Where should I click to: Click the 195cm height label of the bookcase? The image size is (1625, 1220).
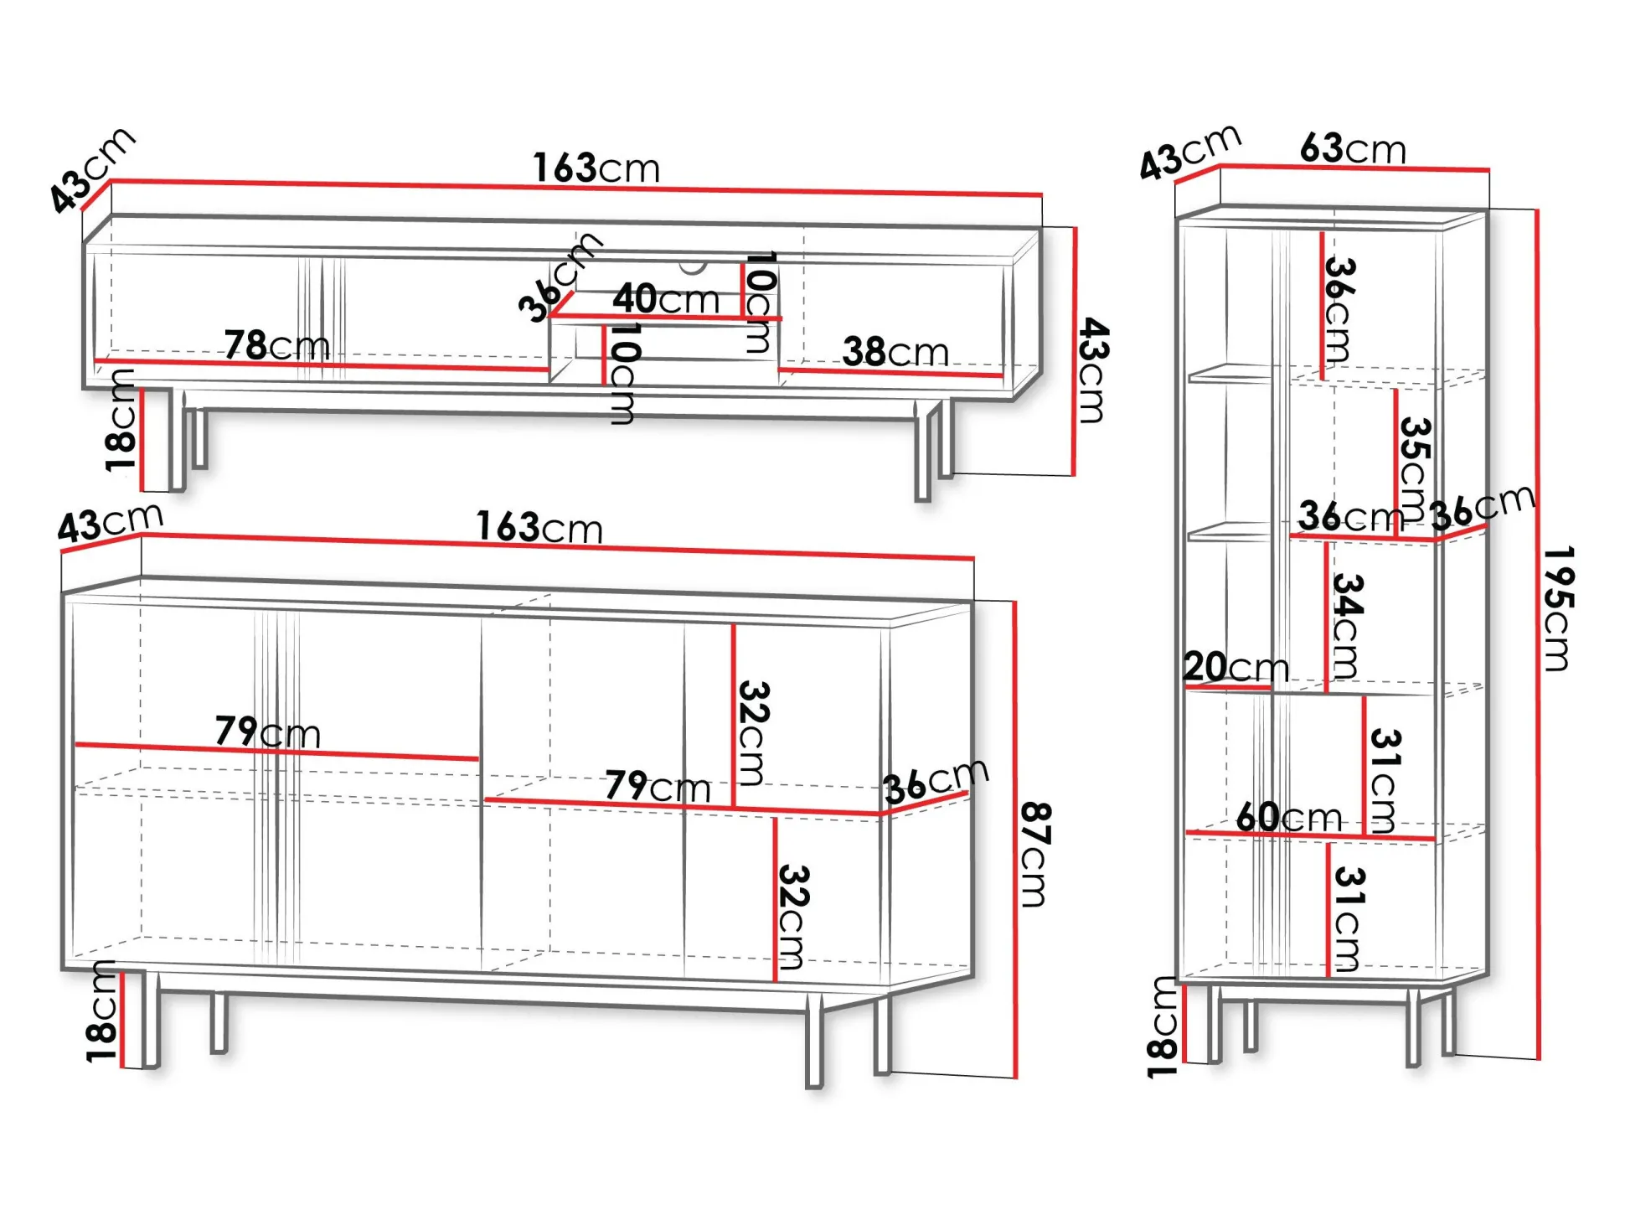pos(1558,608)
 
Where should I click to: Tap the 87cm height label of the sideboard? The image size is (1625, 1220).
pos(1035,854)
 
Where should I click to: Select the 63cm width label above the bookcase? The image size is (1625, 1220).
pos(1353,148)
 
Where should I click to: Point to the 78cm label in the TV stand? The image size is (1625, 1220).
pos(276,345)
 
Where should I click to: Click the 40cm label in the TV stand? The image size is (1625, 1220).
pos(666,298)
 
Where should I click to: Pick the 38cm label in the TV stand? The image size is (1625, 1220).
pos(895,352)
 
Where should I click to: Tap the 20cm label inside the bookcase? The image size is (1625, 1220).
pos(1236,667)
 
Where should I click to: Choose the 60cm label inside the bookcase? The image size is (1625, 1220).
pos(1288,817)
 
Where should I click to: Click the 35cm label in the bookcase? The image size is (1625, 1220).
pos(1414,468)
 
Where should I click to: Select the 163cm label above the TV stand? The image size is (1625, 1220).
pos(596,168)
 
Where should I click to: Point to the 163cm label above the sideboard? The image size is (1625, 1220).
pos(539,528)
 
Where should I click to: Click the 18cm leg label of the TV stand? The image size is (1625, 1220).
pos(121,420)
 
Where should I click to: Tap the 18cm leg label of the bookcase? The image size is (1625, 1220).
pos(1163,1026)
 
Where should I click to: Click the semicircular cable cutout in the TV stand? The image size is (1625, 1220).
pos(693,267)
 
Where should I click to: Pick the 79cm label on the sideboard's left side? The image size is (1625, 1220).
pos(268,732)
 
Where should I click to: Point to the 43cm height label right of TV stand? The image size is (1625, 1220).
pos(1092,370)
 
